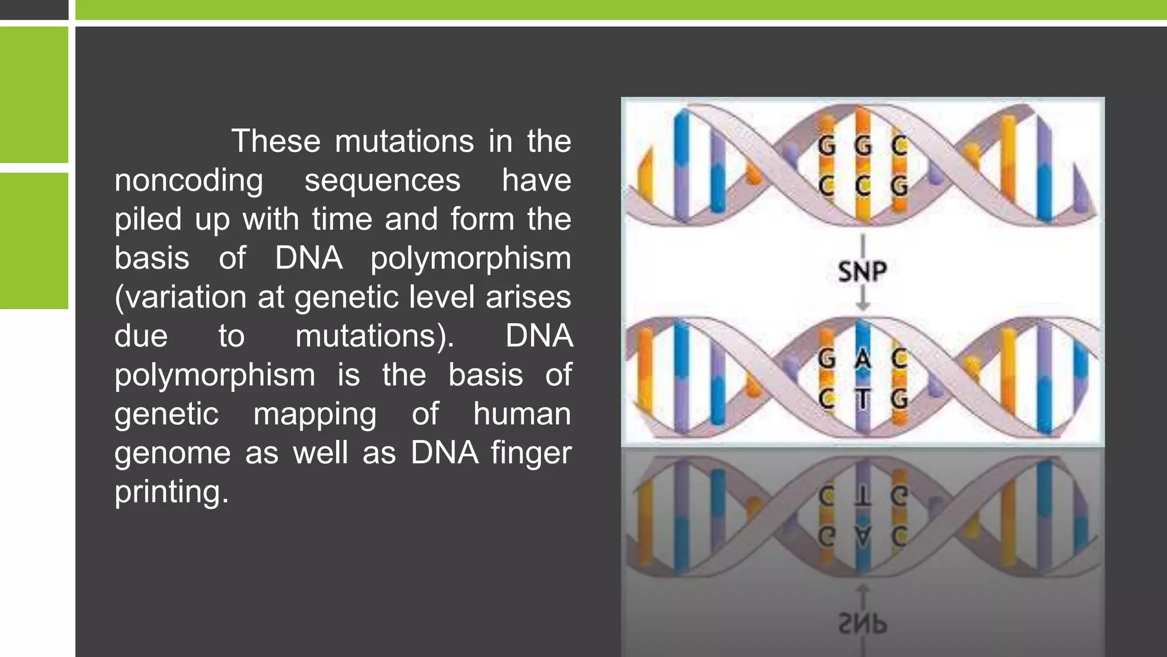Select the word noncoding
pyautogui.click(x=189, y=180)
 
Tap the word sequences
pyautogui.click(x=382, y=180)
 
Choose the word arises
pyautogui.click(x=528, y=297)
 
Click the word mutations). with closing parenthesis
pyautogui.click(x=375, y=336)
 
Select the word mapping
pyautogui.click(x=315, y=414)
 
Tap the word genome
pyautogui.click(x=172, y=454)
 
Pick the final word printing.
pyautogui.click(x=171, y=492)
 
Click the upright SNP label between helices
pyautogui.click(x=862, y=271)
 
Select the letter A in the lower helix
pyautogui.click(x=863, y=360)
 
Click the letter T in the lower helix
pyautogui.click(x=863, y=399)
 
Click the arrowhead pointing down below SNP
pyautogui.click(x=863, y=306)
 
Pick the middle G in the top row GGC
pyautogui.click(x=863, y=147)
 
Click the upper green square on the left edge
pyautogui.click(x=34, y=94)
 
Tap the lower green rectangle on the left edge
pyautogui.click(x=34, y=241)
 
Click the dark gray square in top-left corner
pyautogui.click(x=34, y=9)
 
